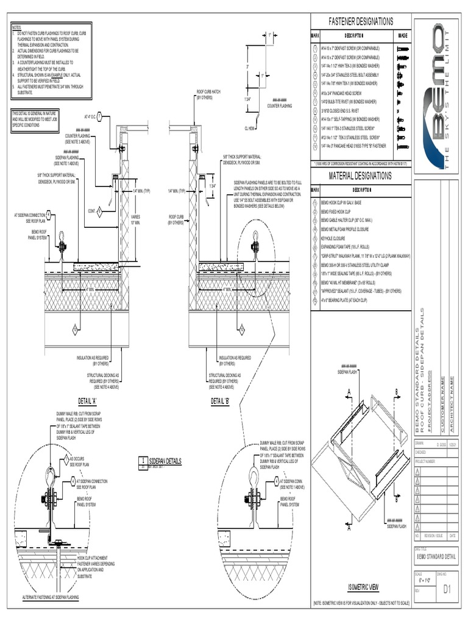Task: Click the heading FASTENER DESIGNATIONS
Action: [361, 21]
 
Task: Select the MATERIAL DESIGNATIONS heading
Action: [361, 176]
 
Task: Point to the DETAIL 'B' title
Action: [219, 402]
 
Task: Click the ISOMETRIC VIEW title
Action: [363, 587]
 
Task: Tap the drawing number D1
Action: [447, 589]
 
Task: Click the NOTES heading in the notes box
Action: [16, 28]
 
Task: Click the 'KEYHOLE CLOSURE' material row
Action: [334, 239]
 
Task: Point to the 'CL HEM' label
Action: [250, 129]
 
